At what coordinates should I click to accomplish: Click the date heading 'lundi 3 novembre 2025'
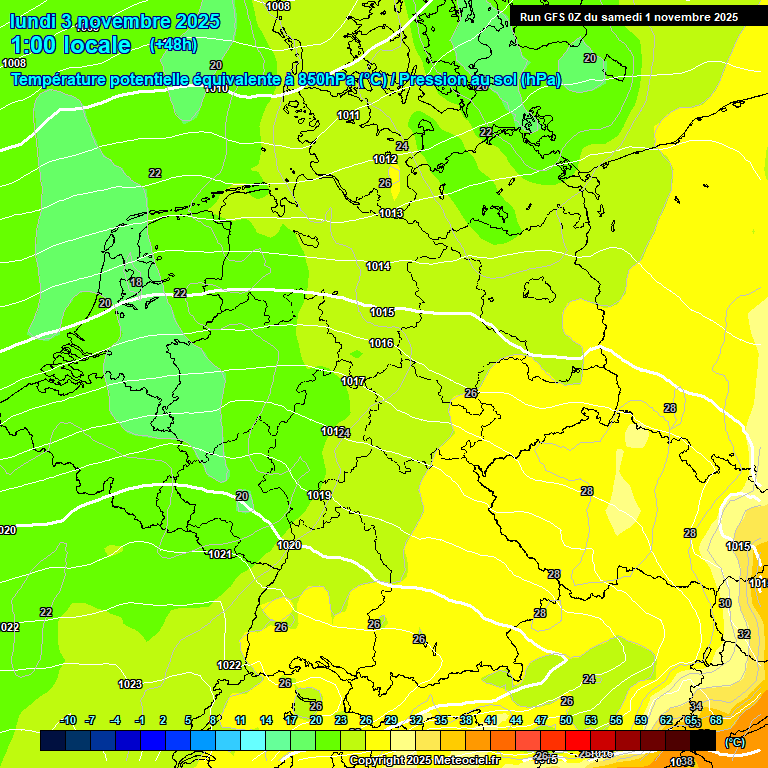click(x=115, y=21)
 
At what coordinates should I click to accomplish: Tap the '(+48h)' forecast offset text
click(x=173, y=45)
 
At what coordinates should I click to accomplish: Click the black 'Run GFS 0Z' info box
click(x=629, y=17)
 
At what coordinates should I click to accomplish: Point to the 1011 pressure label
click(x=348, y=116)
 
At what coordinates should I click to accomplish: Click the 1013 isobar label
click(x=391, y=214)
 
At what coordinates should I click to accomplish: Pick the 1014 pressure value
click(x=378, y=267)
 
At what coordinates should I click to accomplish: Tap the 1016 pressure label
click(x=381, y=344)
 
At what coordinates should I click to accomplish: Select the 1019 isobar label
click(x=319, y=496)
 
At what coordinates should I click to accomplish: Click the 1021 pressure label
click(x=220, y=554)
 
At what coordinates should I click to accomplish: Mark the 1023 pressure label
click(x=130, y=685)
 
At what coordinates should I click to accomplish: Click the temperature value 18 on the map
click(x=136, y=283)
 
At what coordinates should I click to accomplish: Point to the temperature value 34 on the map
click(x=696, y=706)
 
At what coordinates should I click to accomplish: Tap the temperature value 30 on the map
click(x=725, y=603)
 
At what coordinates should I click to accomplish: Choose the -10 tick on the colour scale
click(x=68, y=721)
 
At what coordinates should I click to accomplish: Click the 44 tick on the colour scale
click(x=516, y=721)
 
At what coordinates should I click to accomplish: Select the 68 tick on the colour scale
click(x=716, y=721)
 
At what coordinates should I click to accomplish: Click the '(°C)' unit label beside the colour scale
click(x=734, y=741)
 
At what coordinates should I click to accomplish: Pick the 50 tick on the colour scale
click(x=566, y=721)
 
